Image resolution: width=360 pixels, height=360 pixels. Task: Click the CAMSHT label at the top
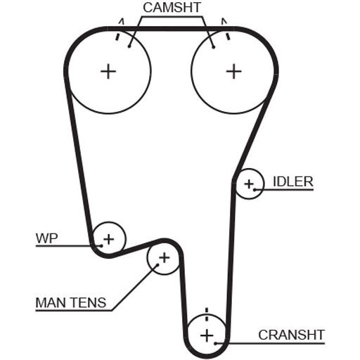point(172,8)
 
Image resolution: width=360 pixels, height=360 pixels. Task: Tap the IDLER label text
point(293,181)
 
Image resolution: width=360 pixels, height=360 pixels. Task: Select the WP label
point(46,238)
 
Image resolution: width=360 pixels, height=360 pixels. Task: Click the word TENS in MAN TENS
point(85,302)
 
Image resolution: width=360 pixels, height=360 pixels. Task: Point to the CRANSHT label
point(291,335)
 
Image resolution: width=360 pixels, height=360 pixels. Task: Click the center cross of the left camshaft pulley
point(108,71)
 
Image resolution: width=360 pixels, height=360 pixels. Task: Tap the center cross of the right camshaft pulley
point(233,71)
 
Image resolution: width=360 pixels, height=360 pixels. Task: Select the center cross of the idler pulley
point(249,184)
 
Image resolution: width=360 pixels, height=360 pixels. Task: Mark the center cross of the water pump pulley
point(108,239)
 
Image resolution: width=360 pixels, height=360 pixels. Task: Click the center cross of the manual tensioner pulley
point(165,257)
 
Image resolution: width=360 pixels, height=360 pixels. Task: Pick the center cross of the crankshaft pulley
point(207,335)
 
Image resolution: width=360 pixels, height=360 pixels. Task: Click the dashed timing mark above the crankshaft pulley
point(207,314)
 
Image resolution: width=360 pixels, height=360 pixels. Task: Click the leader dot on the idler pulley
point(255,190)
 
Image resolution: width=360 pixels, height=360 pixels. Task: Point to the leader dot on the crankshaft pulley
point(215,344)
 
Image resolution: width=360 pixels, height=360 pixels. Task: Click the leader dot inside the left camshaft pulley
point(129,47)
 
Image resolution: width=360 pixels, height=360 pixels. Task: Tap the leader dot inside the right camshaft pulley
point(214,48)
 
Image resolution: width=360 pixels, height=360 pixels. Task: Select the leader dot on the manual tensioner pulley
point(157,265)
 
